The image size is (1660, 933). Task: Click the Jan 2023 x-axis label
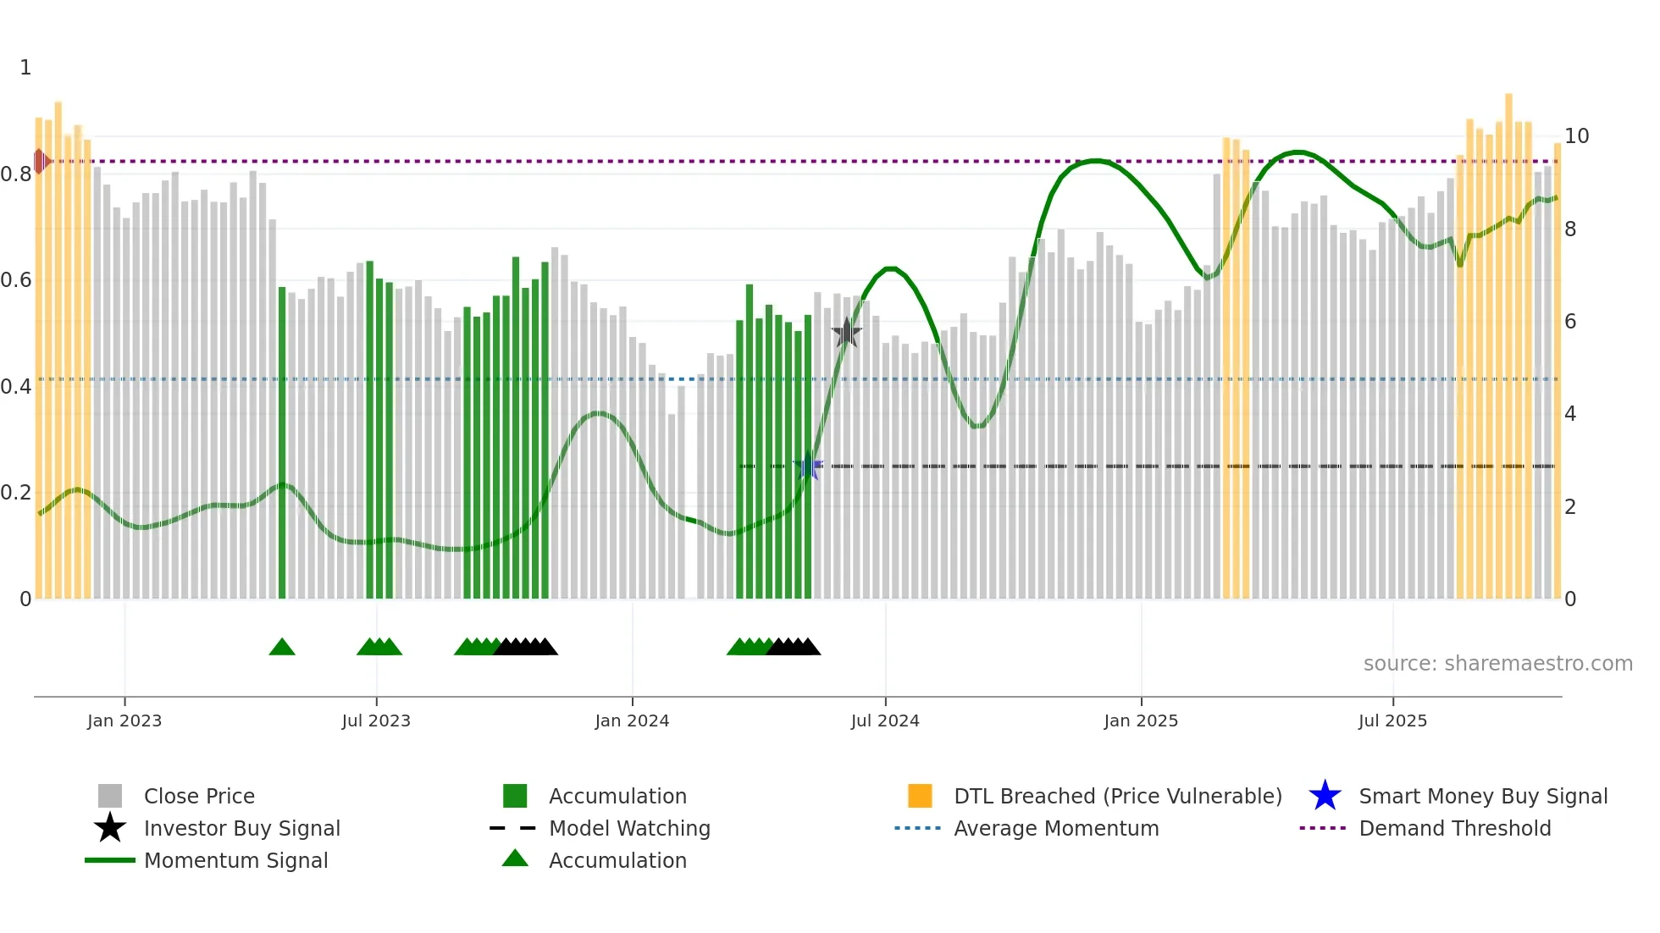coord(124,720)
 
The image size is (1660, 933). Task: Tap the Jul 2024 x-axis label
coord(885,720)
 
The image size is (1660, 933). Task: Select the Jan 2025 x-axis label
coord(1141,720)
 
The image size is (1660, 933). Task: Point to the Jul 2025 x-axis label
coord(1392,720)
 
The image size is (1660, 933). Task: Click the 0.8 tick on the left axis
coord(16,174)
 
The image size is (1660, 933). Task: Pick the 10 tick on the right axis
coord(1576,136)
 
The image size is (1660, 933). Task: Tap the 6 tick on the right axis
coord(1570,322)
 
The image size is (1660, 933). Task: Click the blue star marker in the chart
coord(809,466)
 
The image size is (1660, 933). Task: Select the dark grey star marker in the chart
coord(846,333)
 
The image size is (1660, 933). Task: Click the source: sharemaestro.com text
coord(1497,663)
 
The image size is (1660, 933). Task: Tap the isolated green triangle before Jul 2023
coord(282,648)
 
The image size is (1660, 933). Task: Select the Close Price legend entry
coord(199,796)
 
